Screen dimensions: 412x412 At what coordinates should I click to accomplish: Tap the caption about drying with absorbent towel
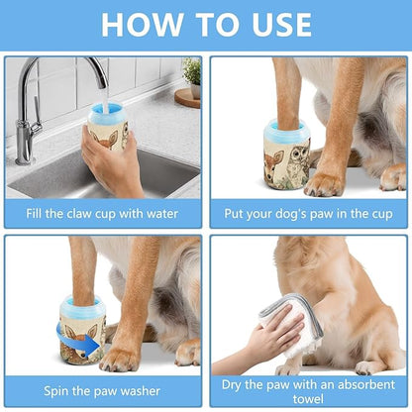309,389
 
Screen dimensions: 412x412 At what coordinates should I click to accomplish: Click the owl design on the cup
294,164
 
